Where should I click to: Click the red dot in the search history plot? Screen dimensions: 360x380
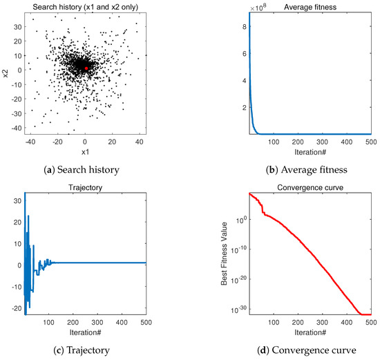point(86,68)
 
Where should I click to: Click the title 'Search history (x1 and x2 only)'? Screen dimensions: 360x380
point(85,6)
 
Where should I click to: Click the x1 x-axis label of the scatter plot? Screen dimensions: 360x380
point(85,151)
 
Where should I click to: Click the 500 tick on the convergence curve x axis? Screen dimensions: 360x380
point(370,322)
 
